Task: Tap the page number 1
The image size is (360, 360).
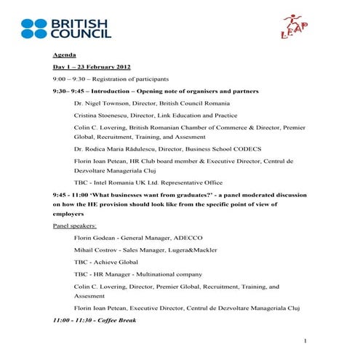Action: (x=306, y=340)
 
